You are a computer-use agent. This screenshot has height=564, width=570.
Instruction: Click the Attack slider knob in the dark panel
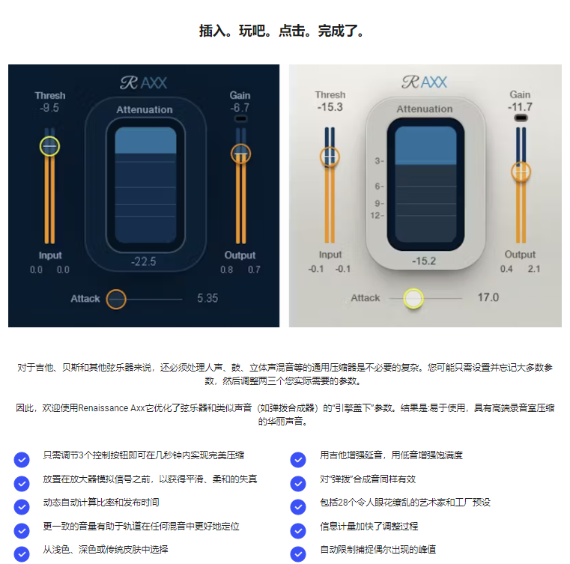click(x=116, y=299)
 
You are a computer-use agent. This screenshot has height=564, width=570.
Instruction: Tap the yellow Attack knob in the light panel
click(x=413, y=298)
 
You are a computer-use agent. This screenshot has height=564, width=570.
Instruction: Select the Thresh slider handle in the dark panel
click(x=49, y=146)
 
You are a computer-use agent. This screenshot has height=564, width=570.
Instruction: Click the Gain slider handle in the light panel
click(x=521, y=172)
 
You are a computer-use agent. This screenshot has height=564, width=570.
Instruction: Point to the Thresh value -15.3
click(x=330, y=107)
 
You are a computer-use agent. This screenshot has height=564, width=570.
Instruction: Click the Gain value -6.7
click(x=240, y=108)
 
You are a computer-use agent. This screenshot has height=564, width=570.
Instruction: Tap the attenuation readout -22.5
click(x=144, y=261)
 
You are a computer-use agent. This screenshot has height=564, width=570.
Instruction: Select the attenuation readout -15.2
click(x=424, y=261)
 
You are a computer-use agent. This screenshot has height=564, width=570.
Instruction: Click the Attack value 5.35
click(x=207, y=298)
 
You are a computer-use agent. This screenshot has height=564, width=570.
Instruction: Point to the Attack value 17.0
click(x=488, y=297)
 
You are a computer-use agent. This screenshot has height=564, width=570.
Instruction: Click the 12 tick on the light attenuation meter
click(x=377, y=216)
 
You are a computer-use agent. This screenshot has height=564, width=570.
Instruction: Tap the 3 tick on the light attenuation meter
click(x=379, y=160)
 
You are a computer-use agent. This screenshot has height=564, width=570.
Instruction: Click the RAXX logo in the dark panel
click(x=144, y=83)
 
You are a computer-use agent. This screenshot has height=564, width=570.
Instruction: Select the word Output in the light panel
click(x=520, y=255)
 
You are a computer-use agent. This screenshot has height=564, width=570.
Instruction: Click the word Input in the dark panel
click(x=50, y=255)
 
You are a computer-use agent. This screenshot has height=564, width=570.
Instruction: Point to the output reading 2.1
click(x=534, y=269)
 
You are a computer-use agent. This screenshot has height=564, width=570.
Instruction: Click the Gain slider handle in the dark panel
click(x=240, y=154)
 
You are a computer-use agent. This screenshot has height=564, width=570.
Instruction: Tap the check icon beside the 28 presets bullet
click(x=298, y=506)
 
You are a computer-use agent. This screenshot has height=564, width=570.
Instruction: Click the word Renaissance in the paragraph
click(x=103, y=407)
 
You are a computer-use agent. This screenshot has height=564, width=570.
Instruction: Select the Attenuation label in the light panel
click(x=425, y=109)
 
